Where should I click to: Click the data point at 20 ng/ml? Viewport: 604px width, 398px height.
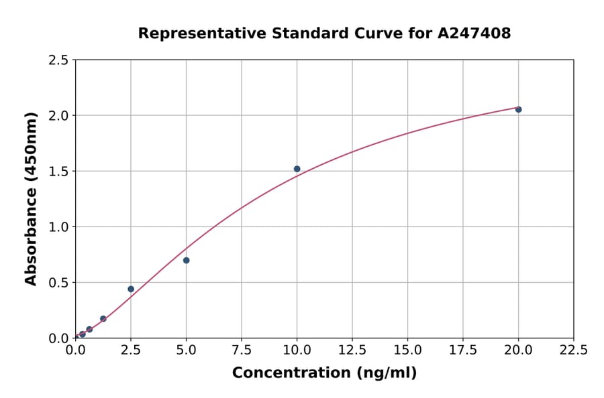[518, 109]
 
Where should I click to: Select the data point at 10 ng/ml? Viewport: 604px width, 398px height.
[297, 169]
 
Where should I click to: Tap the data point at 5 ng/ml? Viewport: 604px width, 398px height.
[186, 260]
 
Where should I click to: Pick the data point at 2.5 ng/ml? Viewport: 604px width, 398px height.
[131, 289]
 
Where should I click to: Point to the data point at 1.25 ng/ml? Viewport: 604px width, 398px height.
[103, 319]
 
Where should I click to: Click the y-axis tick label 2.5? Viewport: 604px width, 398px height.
[58, 60]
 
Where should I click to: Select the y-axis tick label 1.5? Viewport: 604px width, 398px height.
[58, 172]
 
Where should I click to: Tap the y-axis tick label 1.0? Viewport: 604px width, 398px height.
[58, 227]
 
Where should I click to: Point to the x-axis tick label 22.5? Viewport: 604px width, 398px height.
[573, 350]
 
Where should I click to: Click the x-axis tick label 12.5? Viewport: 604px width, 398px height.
[352, 350]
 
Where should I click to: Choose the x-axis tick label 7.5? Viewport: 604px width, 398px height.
[242, 350]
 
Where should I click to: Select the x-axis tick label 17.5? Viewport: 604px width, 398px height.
[462, 350]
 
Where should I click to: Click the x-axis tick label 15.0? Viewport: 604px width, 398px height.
[407, 350]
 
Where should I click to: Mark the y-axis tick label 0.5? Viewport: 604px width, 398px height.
[58, 283]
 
